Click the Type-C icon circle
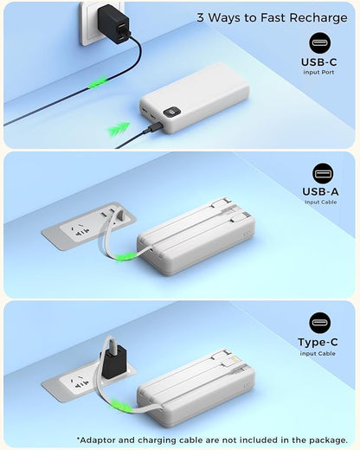pos(320,323)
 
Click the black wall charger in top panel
pos(114,21)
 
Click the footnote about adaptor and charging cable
pos(211,440)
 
